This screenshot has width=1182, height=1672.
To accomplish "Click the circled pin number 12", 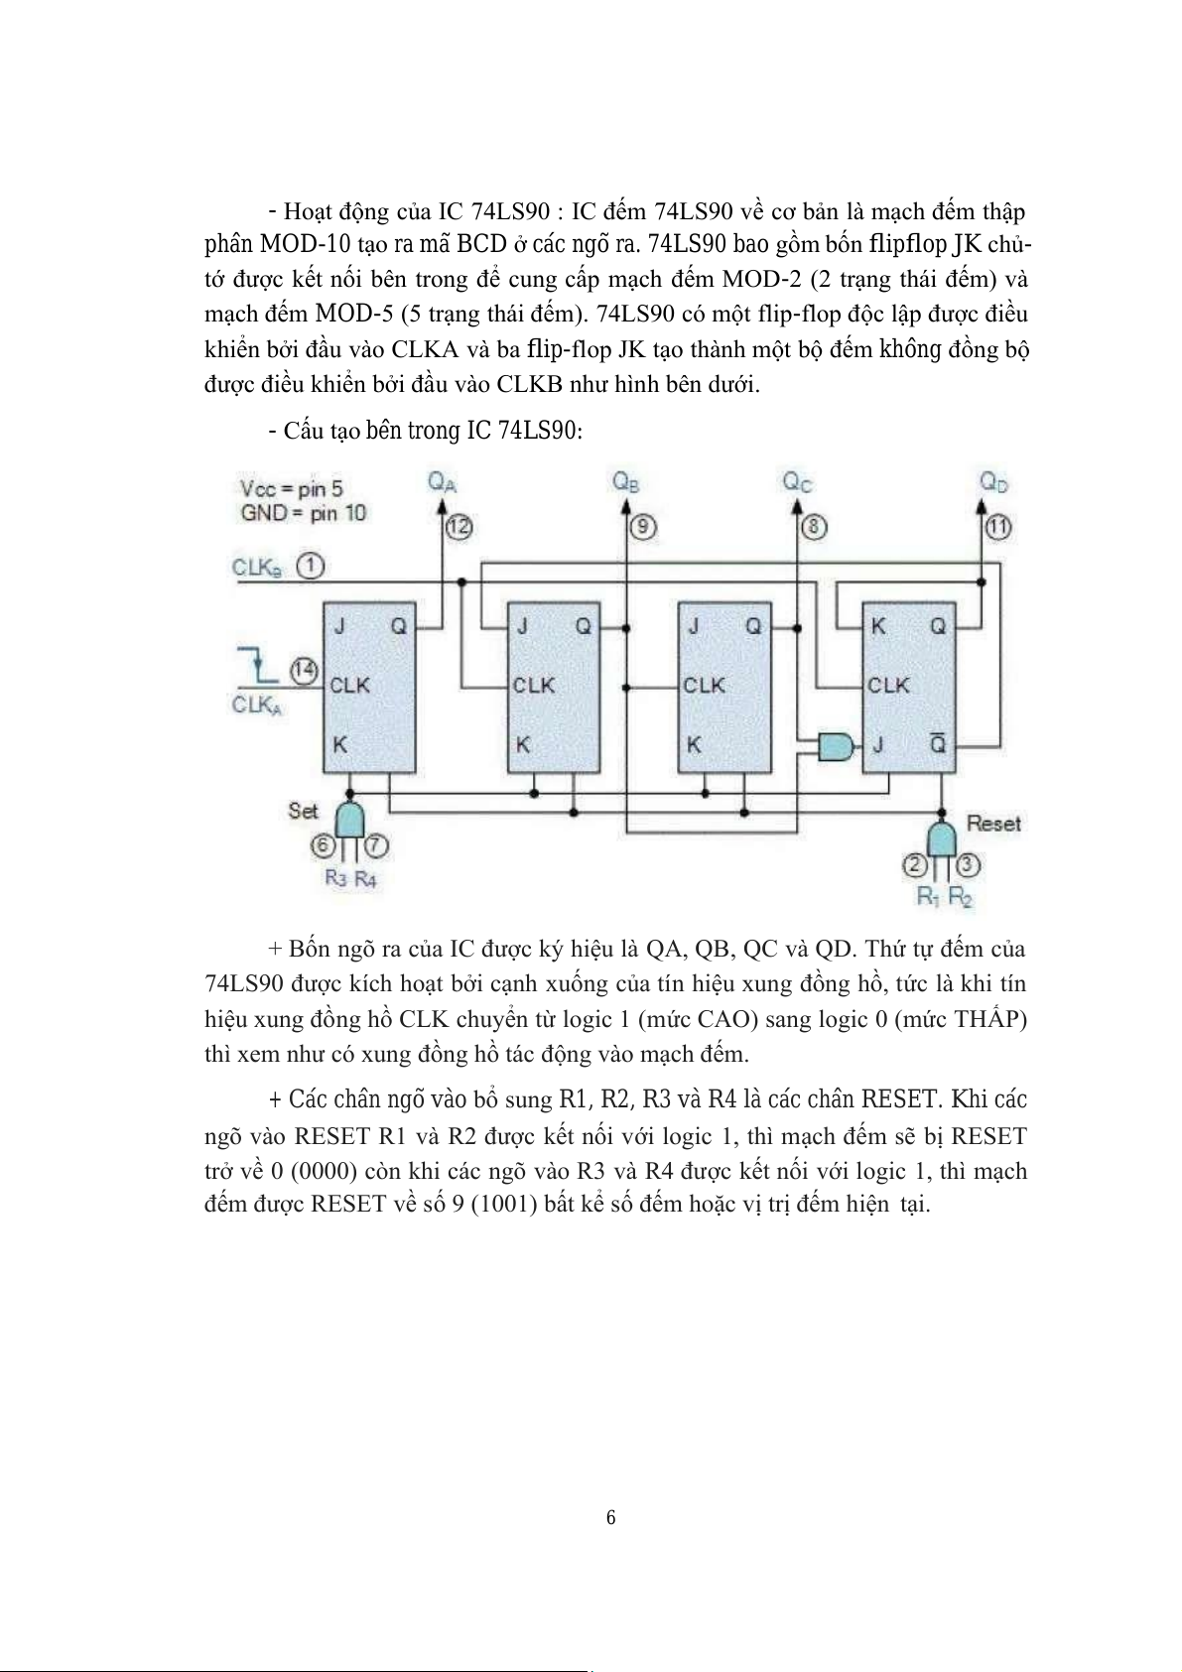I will click(x=459, y=528).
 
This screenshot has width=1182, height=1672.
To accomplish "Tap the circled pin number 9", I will click(x=643, y=527).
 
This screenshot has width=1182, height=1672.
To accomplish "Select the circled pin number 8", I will click(x=813, y=527).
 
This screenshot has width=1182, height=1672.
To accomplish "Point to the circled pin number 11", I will click(x=997, y=528).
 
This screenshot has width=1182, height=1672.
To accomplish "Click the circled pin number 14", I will click(x=305, y=671).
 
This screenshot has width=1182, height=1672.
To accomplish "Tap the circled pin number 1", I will click(x=312, y=567).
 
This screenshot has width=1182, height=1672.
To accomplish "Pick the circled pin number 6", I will click(x=322, y=846).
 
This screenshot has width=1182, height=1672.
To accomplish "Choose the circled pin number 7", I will click(x=376, y=846).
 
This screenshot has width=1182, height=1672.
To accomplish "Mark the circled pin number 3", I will click(x=970, y=865).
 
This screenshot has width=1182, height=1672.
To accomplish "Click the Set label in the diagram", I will click(x=303, y=811).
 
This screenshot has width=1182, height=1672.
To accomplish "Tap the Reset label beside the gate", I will click(x=992, y=824).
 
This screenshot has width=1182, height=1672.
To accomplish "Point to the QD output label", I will click(x=993, y=482).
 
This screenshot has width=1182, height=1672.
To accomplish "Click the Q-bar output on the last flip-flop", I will click(x=937, y=745).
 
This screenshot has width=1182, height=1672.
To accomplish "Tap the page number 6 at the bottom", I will click(x=610, y=1517).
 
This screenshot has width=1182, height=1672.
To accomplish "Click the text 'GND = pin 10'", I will click(x=303, y=513).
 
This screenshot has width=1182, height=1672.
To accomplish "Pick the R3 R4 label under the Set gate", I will click(x=350, y=879).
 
